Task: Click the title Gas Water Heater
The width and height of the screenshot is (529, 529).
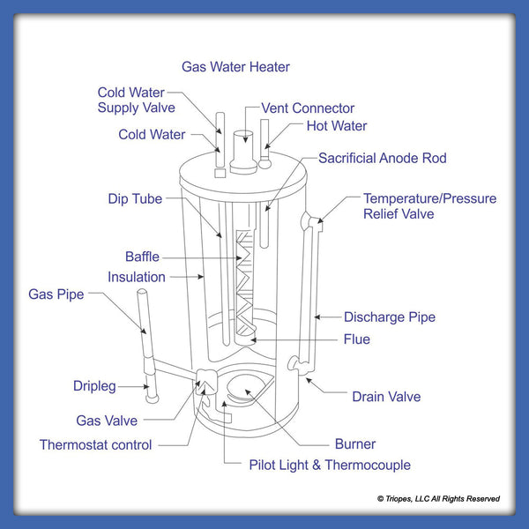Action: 235,67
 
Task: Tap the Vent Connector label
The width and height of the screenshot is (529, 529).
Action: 308,108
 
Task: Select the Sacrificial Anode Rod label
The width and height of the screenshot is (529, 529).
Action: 382,159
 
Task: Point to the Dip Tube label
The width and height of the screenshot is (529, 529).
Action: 135,199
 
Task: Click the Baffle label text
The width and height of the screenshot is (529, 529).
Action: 142,257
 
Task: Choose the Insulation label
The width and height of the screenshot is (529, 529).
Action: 136,277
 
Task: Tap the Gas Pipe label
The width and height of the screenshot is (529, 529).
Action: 56,294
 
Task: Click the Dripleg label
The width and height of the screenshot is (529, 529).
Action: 95,386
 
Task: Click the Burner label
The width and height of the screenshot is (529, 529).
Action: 354,443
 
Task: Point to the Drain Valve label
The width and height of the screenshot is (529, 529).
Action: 386,396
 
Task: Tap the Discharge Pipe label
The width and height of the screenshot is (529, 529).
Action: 389,317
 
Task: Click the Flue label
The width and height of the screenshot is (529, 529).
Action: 357,339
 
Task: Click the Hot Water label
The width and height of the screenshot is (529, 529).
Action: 336,126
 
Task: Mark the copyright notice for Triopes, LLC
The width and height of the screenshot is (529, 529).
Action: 438,499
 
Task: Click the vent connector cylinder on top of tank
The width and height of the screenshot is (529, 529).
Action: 242,147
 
